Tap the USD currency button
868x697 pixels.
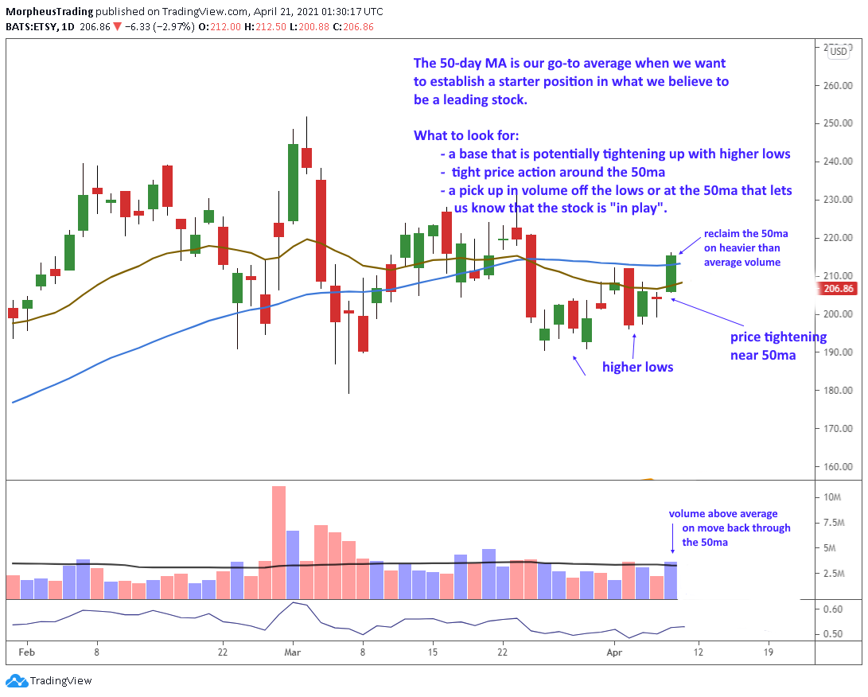tap(838, 52)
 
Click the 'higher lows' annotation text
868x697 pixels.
tap(637, 367)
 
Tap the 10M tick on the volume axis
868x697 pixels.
tap(833, 497)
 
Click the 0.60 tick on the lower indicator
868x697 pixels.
tap(832, 609)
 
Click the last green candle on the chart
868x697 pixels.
tap(671, 274)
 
